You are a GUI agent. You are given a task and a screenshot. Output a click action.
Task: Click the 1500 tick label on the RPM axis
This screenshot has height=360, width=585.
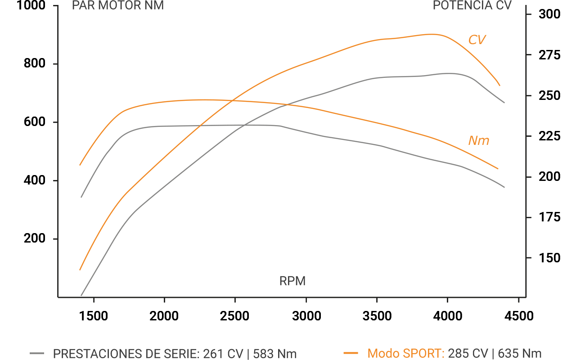coord(94,316)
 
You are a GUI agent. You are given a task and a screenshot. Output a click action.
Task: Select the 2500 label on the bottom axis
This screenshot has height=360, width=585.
coord(235,316)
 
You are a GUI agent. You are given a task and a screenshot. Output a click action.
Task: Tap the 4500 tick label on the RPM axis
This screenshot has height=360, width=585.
coord(518,316)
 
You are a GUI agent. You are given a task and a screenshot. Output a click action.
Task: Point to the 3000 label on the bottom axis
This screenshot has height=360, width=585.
coord(306,316)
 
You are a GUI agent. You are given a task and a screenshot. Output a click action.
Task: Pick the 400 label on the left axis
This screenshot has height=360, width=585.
coord(34,181)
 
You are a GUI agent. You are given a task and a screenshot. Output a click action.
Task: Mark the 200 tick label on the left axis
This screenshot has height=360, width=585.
coord(34,239)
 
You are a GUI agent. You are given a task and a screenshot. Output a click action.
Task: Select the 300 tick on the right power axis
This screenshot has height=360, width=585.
coord(549,15)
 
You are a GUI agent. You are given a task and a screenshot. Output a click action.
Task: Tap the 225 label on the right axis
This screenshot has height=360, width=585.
coord(549,136)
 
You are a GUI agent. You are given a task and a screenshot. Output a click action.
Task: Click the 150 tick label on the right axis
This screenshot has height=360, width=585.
coord(549,258)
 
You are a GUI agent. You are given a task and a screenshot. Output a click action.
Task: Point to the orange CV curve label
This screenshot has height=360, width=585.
coord(477,40)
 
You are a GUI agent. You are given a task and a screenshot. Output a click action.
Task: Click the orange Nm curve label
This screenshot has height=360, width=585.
coord(478,140)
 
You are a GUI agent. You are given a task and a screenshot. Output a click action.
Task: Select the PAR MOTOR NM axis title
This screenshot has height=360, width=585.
coord(118,5)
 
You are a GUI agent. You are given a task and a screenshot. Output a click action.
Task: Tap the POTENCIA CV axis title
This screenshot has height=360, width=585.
coord(472,5)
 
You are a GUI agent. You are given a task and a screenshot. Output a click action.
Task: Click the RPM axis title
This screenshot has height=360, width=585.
coord(292,281)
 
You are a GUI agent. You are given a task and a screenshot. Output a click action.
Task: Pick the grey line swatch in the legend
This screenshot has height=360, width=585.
coord(37,353)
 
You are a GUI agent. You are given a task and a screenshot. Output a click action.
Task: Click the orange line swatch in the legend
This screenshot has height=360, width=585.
coord(351,353)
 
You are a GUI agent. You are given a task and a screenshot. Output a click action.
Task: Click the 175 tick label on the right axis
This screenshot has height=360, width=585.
coord(549,218)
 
